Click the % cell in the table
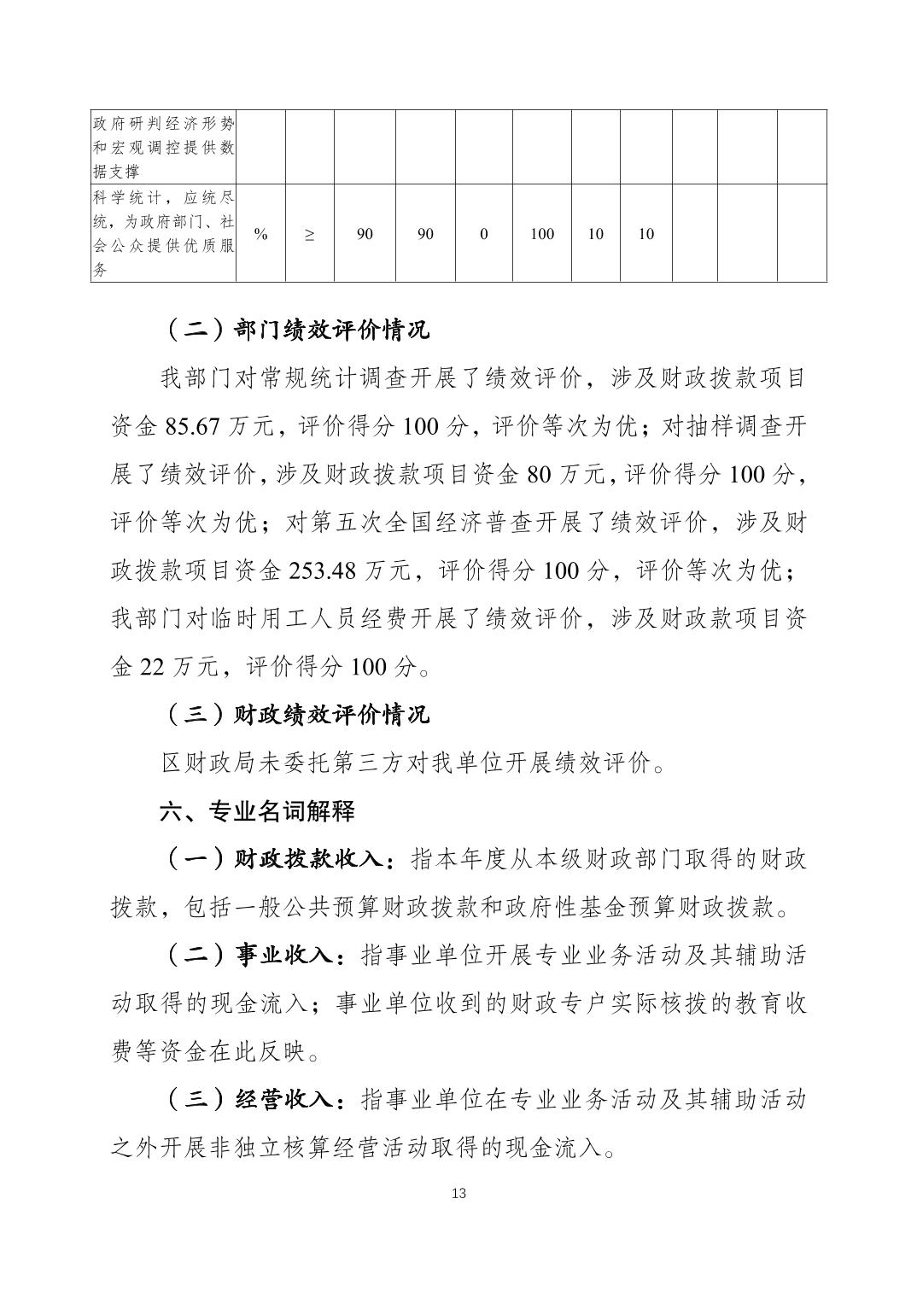click(260, 234)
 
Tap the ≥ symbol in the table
click(308, 234)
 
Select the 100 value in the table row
click(541, 234)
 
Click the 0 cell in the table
click(483, 234)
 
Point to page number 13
click(458, 1193)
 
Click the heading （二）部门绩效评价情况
click(295, 330)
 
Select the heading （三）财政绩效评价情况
click(295, 714)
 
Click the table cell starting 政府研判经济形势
click(163, 147)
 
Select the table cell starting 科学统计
click(163, 233)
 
